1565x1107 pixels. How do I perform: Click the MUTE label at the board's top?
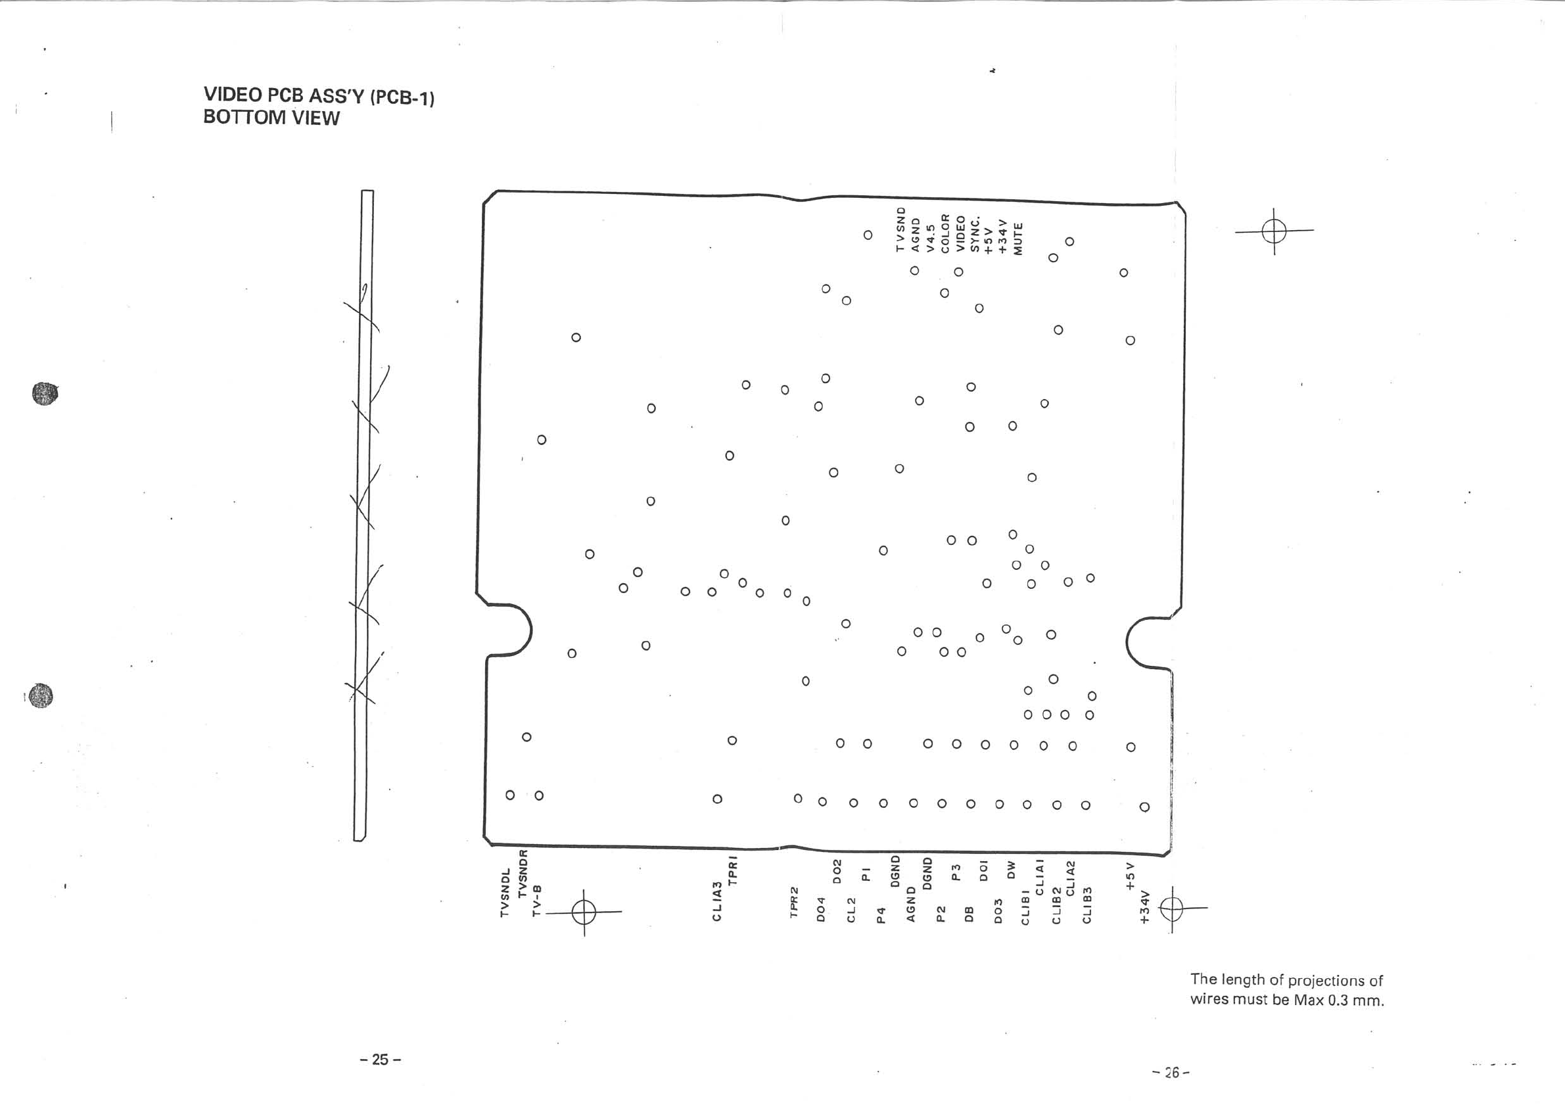[1018, 239]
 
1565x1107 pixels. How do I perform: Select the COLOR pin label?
[945, 233]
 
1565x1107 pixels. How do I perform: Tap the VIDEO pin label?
[960, 234]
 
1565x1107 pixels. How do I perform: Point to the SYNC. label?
[975, 235]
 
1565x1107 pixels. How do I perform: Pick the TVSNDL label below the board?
[505, 892]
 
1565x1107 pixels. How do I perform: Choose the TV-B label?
[536, 900]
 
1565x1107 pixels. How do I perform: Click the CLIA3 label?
[716, 901]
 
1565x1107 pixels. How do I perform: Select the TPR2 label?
[793, 902]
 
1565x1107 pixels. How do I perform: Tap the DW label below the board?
[1012, 870]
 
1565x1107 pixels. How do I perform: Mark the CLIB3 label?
[1088, 905]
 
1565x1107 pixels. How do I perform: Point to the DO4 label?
[822, 909]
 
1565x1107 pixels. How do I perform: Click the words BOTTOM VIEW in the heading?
[271, 117]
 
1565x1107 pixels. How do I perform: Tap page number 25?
[381, 1058]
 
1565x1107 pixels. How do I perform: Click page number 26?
[1171, 1072]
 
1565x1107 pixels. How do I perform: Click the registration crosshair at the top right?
[1273, 231]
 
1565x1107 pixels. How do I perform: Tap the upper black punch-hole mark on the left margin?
[45, 393]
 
